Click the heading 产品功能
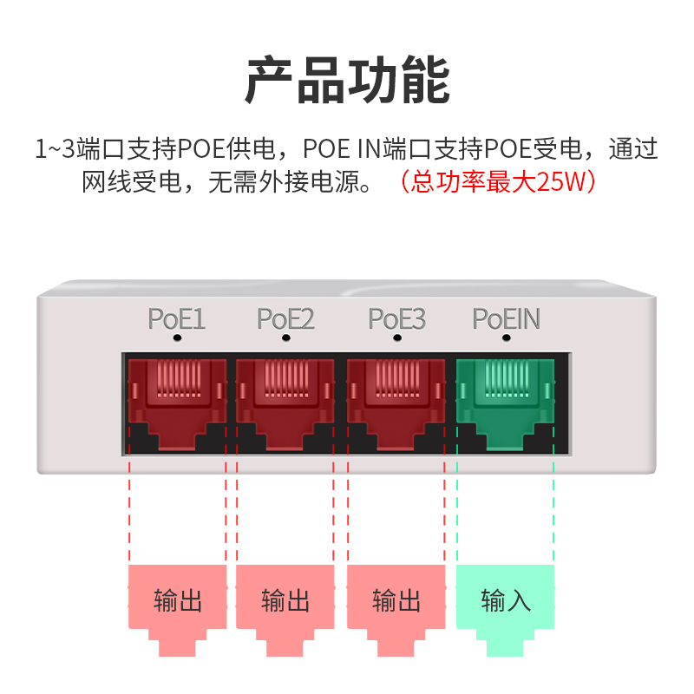tap(347, 81)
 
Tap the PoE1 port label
tap(177, 319)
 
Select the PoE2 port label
tap(286, 319)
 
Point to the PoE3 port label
tap(397, 319)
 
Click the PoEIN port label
tap(507, 319)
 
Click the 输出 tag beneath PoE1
tap(177, 601)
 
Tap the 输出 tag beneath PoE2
tap(285, 601)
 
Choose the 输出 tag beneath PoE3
tap(396, 601)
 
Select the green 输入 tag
tap(505, 601)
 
